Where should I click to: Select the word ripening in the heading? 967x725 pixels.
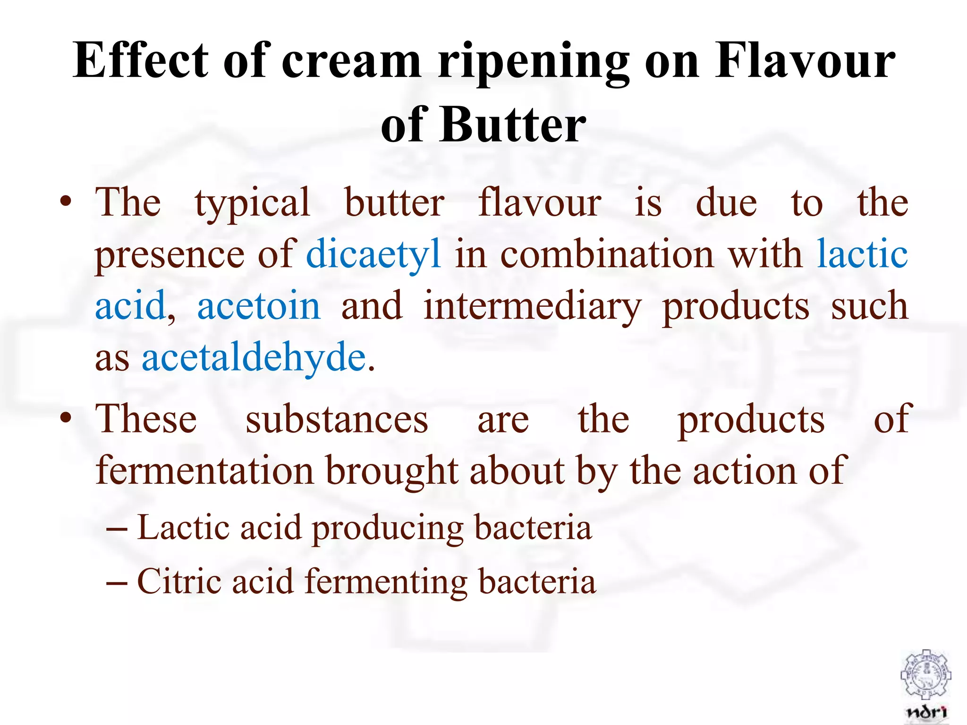(x=533, y=63)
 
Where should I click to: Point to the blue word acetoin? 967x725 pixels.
(x=259, y=306)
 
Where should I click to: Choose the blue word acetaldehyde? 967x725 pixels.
(x=254, y=357)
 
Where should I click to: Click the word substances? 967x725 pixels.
(x=337, y=420)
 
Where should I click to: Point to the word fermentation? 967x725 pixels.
(x=204, y=471)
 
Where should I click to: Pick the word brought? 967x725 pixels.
(x=392, y=472)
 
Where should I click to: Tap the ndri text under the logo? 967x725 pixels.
(x=926, y=712)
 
